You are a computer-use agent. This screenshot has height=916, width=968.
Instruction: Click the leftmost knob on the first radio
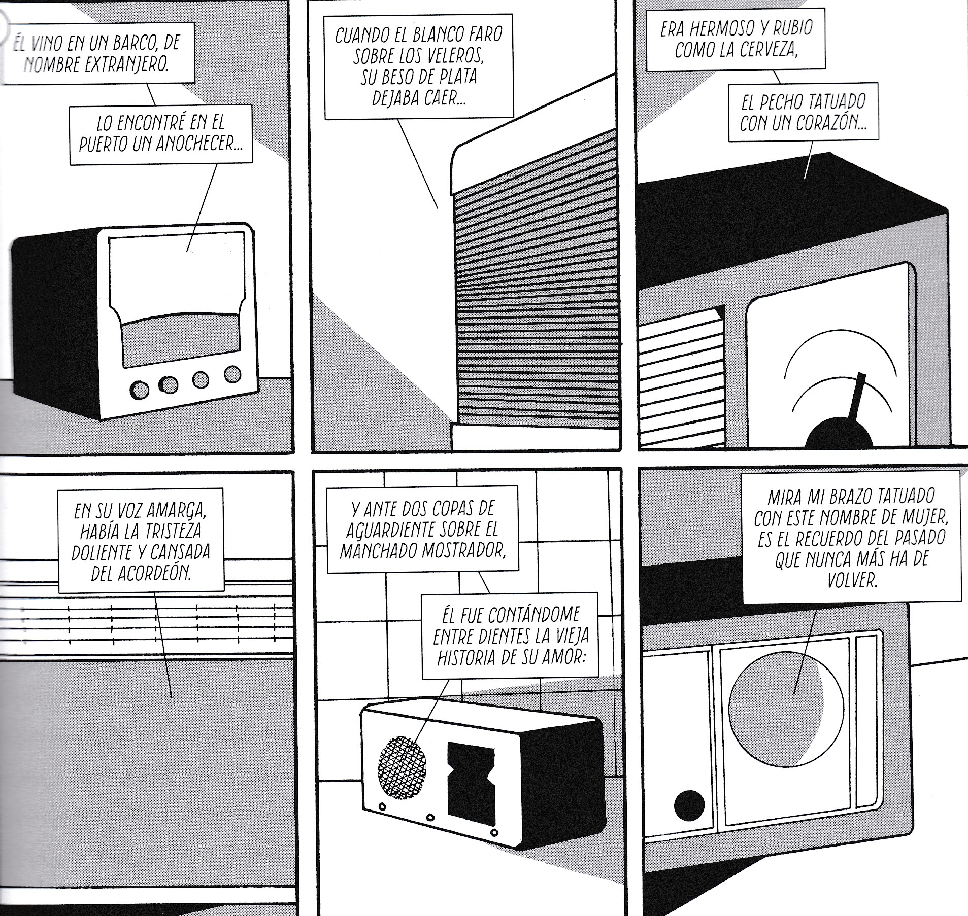coord(140,389)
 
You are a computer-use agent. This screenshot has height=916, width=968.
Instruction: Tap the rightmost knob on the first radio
coord(232,374)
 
